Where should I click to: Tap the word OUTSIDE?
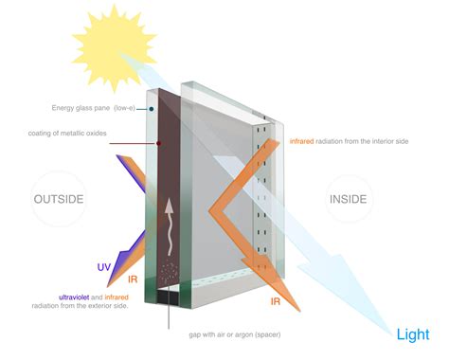59,199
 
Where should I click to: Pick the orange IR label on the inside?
276,300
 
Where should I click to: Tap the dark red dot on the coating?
158,144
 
